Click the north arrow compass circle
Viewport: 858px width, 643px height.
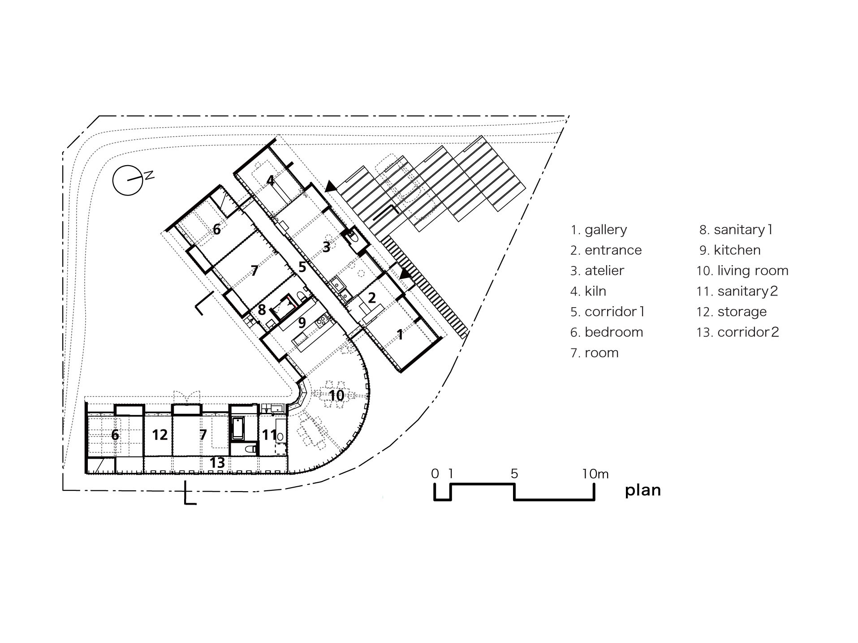(127, 180)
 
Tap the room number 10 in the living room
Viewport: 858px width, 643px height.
(336, 395)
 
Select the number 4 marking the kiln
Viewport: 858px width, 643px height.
(270, 181)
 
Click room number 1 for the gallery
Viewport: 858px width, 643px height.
(400, 334)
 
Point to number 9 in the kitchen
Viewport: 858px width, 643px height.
(302, 323)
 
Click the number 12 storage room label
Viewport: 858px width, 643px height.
(160, 435)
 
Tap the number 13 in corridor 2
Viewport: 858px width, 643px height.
(217, 463)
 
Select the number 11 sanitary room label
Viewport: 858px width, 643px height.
(269, 435)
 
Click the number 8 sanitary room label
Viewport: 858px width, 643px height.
(262, 309)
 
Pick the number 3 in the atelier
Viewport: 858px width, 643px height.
(327, 246)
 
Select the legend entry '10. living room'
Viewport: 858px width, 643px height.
(742, 270)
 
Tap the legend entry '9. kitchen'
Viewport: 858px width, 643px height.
(730, 250)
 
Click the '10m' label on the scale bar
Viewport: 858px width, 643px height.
(595, 474)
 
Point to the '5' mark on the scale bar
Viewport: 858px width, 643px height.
(514, 474)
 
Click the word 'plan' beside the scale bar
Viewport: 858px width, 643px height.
(642, 490)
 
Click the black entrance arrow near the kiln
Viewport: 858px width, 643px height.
(331, 186)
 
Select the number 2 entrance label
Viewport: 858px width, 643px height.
(371, 297)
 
